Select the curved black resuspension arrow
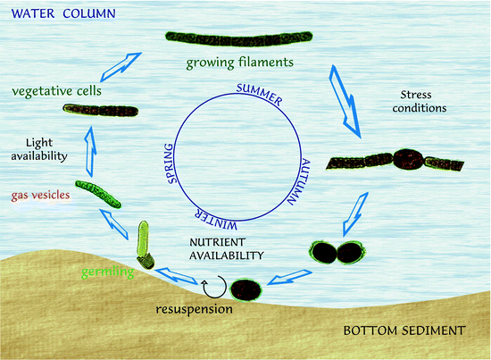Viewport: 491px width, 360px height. [x=213, y=289]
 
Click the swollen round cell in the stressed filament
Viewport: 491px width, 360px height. [x=408, y=160]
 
